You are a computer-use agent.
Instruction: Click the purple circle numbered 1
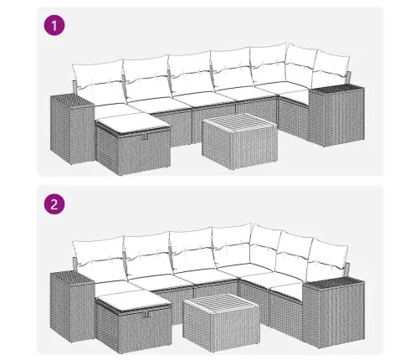[54, 25]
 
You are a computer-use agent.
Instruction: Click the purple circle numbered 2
[54, 203]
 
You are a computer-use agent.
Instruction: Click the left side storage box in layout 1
[72, 129]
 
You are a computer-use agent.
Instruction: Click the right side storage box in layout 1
[337, 116]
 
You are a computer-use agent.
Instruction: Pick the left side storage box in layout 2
[72, 307]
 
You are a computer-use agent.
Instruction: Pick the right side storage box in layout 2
[334, 313]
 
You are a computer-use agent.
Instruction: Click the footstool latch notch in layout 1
[145, 136]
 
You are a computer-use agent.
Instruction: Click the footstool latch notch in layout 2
[146, 314]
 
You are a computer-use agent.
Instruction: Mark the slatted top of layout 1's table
[239, 125]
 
